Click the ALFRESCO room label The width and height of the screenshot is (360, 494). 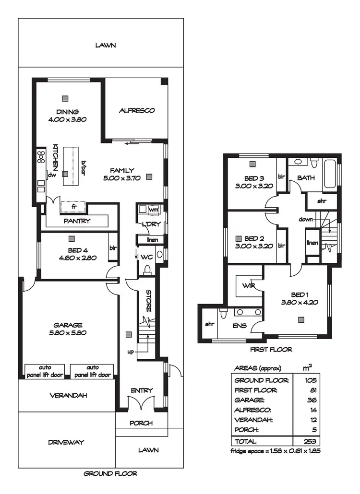point(137,110)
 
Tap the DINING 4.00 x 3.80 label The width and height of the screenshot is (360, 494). point(67,116)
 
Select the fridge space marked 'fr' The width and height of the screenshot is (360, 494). point(73,207)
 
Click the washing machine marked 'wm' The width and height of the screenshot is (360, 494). point(153,210)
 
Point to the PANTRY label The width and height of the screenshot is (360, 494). point(77,221)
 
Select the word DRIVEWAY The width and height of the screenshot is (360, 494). point(66,442)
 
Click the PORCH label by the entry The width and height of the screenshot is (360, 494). point(142,423)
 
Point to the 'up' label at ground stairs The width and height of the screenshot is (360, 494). point(130,352)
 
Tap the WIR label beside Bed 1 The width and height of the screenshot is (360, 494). point(249,286)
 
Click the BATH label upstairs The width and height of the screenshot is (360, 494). point(306,177)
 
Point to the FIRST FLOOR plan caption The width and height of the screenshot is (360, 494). point(271,350)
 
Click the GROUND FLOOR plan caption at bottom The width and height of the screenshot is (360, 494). point(110,473)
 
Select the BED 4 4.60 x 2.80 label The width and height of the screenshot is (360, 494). point(72,254)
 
